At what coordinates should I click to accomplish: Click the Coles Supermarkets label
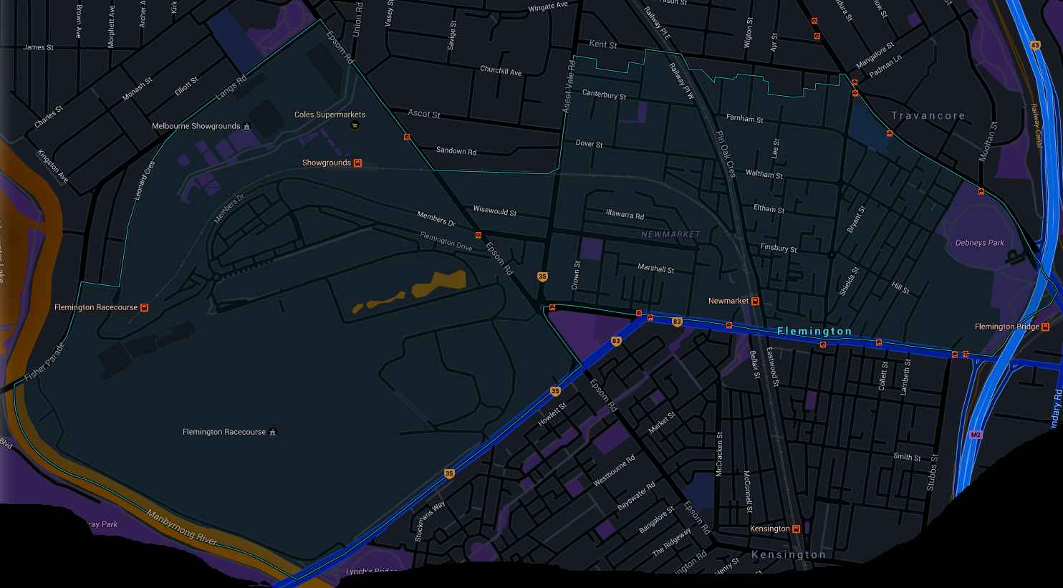click(x=330, y=115)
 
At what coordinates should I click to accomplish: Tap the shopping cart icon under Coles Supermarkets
click(x=355, y=125)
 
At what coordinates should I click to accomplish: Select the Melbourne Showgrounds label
click(x=196, y=126)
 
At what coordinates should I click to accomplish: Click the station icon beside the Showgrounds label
click(x=358, y=163)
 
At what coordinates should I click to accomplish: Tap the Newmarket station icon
click(x=755, y=302)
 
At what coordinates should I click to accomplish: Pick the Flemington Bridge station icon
click(x=1047, y=327)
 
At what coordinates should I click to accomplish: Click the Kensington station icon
click(x=797, y=529)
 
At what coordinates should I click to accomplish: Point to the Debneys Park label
click(x=979, y=243)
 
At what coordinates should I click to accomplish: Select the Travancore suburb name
click(x=928, y=115)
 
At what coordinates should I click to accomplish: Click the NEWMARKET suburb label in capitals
click(x=670, y=234)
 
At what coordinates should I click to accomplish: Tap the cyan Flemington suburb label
click(x=814, y=331)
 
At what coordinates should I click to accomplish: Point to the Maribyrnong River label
click(x=182, y=528)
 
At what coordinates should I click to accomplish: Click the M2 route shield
click(x=976, y=435)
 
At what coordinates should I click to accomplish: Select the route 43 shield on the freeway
click(x=1035, y=45)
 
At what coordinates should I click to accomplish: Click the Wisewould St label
click(x=494, y=211)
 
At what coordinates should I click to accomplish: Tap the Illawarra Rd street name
click(x=625, y=214)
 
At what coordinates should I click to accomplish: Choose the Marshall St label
click(x=655, y=269)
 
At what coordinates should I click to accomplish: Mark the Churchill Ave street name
click(x=501, y=71)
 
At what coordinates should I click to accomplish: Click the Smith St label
click(x=907, y=456)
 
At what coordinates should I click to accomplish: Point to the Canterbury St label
click(x=604, y=95)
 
